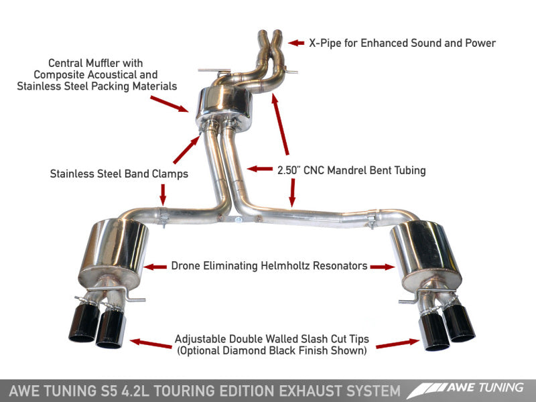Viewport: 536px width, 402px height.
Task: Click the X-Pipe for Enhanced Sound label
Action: [x=402, y=44]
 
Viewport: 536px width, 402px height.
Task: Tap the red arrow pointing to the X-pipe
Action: [x=297, y=44]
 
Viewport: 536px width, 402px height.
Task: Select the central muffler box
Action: [x=224, y=104]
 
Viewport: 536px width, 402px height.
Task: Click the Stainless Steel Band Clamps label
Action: [x=119, y=174]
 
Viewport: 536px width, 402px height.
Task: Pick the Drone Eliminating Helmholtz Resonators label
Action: [x=269, y=266]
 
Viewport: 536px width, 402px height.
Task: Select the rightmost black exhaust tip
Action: [x=459, y=323]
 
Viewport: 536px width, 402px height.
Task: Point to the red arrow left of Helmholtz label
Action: [x=155, y=267]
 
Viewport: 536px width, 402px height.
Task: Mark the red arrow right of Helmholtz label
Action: [x=383, y=267]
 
